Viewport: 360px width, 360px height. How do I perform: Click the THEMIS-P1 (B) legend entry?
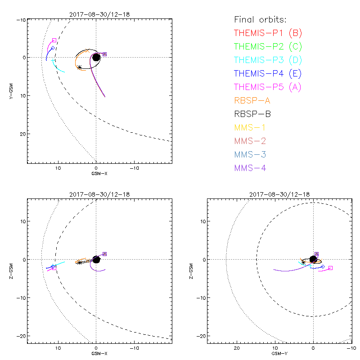tap(268, 33)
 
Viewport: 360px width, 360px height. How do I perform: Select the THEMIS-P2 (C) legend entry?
tap(268, 46)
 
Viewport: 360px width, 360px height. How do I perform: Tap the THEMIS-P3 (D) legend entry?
tap(268, 60)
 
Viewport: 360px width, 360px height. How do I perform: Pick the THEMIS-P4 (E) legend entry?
tap(268, 73)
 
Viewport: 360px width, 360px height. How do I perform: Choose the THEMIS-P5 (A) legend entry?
tap(268, 87)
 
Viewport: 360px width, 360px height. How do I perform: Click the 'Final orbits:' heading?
tap(260, 19)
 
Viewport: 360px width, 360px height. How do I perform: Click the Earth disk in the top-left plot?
tap(96, 57)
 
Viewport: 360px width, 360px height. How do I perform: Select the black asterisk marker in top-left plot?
tap(80, 67)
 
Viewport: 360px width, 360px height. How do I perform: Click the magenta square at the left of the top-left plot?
tap(54, 40)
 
